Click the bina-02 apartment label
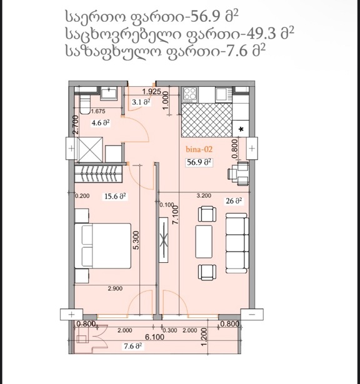tap(199, 149)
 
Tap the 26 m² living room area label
tap(234, 201)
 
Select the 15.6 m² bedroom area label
tap(115, 196)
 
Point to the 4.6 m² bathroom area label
tap(100, 123)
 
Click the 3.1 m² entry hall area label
tap(141, 102)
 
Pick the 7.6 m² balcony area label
tap(133, 347)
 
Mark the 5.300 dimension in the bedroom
tap(136, 240)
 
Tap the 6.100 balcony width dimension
tap(154, 337)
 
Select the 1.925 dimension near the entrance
tap(152, 92)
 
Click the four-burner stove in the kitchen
tap(190, 94)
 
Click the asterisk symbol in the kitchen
tap(241, 129)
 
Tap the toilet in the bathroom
tap(85, 104)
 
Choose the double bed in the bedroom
tap(102, 245)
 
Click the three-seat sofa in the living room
tap(237, 243)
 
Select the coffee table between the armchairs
tap(204, 242)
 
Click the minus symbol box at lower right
tap(252, 315)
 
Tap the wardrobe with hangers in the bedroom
tap(98, 174)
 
